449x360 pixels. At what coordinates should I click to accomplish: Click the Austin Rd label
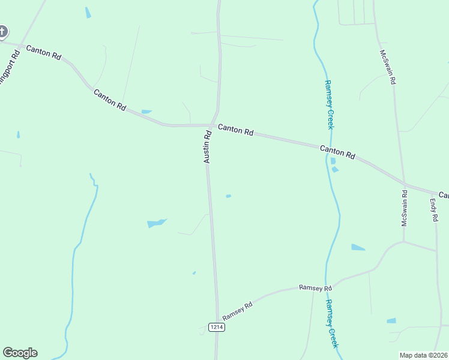coord(207,147)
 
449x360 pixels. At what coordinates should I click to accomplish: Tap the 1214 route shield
coord(217,327)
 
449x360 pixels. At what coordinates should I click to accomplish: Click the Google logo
coord(20,353)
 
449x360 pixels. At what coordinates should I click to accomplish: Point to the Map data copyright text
coord(424,355)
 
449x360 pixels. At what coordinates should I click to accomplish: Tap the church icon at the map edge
coord(2,31)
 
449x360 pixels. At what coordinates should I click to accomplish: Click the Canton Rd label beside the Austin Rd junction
coord(235,130)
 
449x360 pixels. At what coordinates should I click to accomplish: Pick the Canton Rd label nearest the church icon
coord(44,53)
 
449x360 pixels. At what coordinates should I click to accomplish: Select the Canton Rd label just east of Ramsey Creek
coord(337,152)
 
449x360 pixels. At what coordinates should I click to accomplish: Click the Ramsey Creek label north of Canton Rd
coord(328,104)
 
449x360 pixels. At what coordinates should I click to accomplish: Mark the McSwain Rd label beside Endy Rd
coord(405,208)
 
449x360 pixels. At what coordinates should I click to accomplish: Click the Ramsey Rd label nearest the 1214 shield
coord(237,311)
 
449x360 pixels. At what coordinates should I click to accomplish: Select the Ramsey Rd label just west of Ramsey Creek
coord(315,289)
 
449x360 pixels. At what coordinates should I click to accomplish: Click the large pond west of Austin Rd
coord(156,223)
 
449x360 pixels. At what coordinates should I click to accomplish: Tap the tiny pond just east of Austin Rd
coord(228,196)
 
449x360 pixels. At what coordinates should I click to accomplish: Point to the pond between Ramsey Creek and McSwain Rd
coord(358,247)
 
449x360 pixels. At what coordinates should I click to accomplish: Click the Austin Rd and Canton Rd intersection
coord(211,125)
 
